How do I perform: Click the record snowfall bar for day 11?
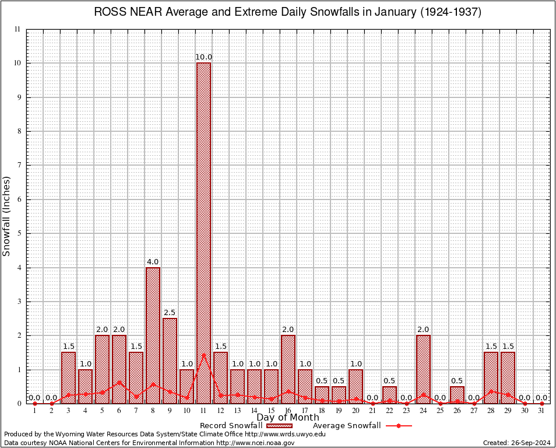203,233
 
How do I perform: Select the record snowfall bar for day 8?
153,335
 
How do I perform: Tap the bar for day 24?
423,369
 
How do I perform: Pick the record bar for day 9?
170,360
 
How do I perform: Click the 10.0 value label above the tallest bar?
203,57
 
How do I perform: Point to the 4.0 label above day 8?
153,262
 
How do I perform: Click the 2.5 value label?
170,313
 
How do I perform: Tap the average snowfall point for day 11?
203,355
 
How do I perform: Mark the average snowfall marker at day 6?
119,383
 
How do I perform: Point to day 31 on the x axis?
541,411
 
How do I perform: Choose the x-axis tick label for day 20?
356,411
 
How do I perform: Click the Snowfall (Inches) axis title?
7,216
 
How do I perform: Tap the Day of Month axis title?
288,418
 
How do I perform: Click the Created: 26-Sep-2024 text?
516,443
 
